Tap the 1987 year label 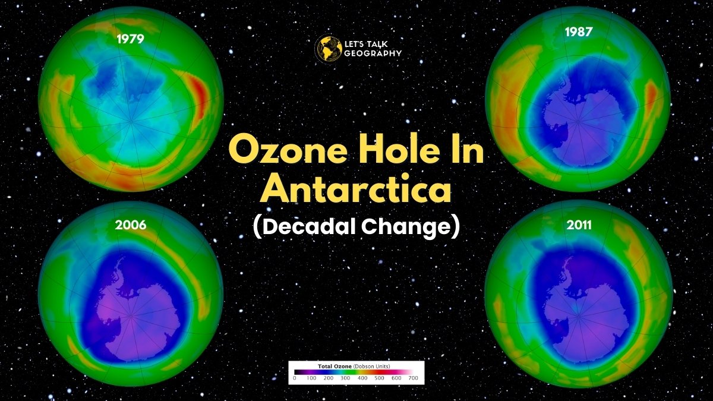pos(579,31)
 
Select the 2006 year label pos(131,225)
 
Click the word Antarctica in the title pos(356,188)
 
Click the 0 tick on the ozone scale pos(295,378)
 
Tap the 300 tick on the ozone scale pos(345,378)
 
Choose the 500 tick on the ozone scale pos(378,378)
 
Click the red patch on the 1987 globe pos(651,95)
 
